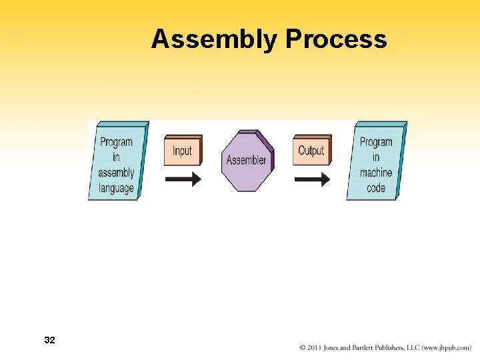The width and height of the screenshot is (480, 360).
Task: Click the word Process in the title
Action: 336,40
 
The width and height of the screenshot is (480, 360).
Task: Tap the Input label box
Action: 182,151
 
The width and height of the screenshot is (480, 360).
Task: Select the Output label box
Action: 311,151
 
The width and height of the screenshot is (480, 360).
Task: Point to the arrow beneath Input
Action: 183,179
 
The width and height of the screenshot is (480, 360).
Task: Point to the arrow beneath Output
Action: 311,179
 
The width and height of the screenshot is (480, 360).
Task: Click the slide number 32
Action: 49,341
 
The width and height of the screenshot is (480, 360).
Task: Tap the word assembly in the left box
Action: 116,173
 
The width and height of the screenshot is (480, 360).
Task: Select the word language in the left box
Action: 116,188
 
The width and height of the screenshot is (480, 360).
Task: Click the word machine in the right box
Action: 376,173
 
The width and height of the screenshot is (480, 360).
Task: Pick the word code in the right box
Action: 376,188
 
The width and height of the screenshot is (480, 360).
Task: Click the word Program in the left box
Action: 116,142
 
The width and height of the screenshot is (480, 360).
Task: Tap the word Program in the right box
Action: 376,142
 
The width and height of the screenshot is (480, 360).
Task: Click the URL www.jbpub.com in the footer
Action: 447,348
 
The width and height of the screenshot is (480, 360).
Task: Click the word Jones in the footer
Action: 333,348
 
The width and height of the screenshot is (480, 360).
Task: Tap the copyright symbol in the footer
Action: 303,348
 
